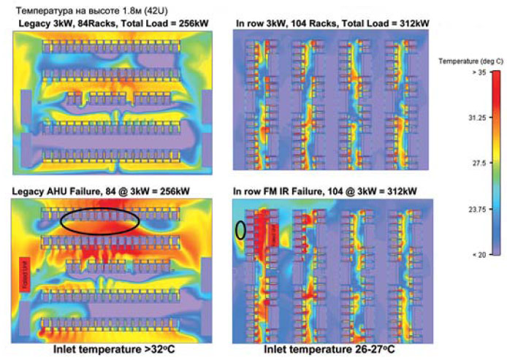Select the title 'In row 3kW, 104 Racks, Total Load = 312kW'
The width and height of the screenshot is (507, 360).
coord(333,24)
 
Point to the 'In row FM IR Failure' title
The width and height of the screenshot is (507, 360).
coord(325,191)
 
